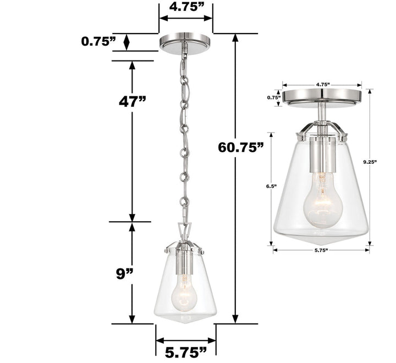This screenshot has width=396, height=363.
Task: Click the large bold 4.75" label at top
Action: coord(185,8)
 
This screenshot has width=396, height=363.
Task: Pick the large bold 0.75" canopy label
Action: coord(98,41)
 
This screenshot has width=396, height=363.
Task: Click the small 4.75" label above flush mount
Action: coord(322,85)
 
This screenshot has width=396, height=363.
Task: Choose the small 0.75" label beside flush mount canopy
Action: coord(274,97)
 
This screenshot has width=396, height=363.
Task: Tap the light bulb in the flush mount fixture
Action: coord(322,204)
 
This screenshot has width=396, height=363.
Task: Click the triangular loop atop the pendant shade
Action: coord(185,229)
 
